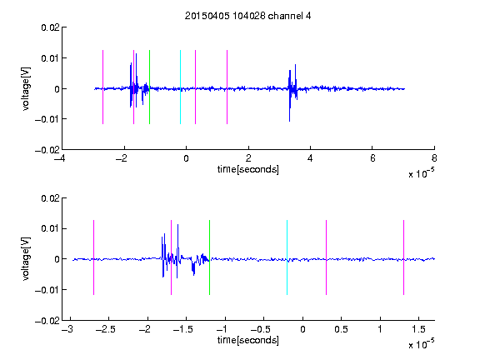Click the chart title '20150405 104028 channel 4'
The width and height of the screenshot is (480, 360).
click(247, 16)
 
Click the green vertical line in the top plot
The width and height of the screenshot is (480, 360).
click(149, 87)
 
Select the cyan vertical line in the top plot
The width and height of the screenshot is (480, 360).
click(180, 87)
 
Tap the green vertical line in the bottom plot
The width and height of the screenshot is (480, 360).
click(209, 257)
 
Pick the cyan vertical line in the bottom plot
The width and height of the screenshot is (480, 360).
click(287, 257)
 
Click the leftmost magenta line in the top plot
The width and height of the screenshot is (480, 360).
click(102, 87)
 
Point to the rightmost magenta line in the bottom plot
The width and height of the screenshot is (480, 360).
click(403, 257)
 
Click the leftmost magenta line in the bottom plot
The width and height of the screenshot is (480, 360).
click(93, 257)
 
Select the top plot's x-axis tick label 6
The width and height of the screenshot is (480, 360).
click(372, 158)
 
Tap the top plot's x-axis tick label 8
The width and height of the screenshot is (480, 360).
click(434, 158)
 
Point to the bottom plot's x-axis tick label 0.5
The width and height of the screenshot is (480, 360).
click(341, 329)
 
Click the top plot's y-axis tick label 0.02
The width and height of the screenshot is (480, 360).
click(50, 27)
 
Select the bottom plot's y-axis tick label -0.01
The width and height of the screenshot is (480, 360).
click(47, 290)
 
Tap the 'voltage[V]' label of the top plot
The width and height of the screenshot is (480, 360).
click(27, 89)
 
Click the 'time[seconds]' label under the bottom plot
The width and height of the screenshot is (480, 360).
click(248, 340)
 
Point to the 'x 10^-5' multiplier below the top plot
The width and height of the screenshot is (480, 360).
click(421, 172)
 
